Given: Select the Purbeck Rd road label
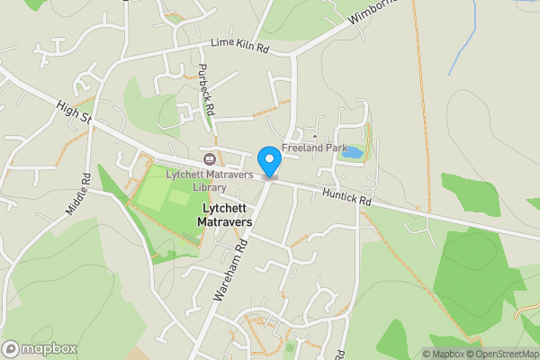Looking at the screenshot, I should pyautogui.click(x=207, y=91).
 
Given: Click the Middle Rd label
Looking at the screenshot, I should pyautogui.click(x=80, y=193).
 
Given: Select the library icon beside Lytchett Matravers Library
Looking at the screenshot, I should pyautogui.click(x=209, y=159).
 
